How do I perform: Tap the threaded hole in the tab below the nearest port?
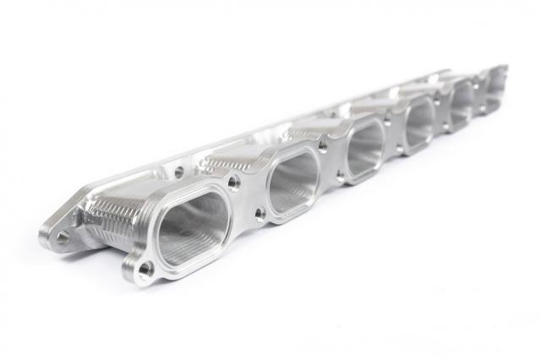click(145, 270)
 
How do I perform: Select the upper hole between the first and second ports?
click(234, 180)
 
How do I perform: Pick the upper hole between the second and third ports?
click(323, 145)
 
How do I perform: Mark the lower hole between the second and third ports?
click(341, 177)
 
